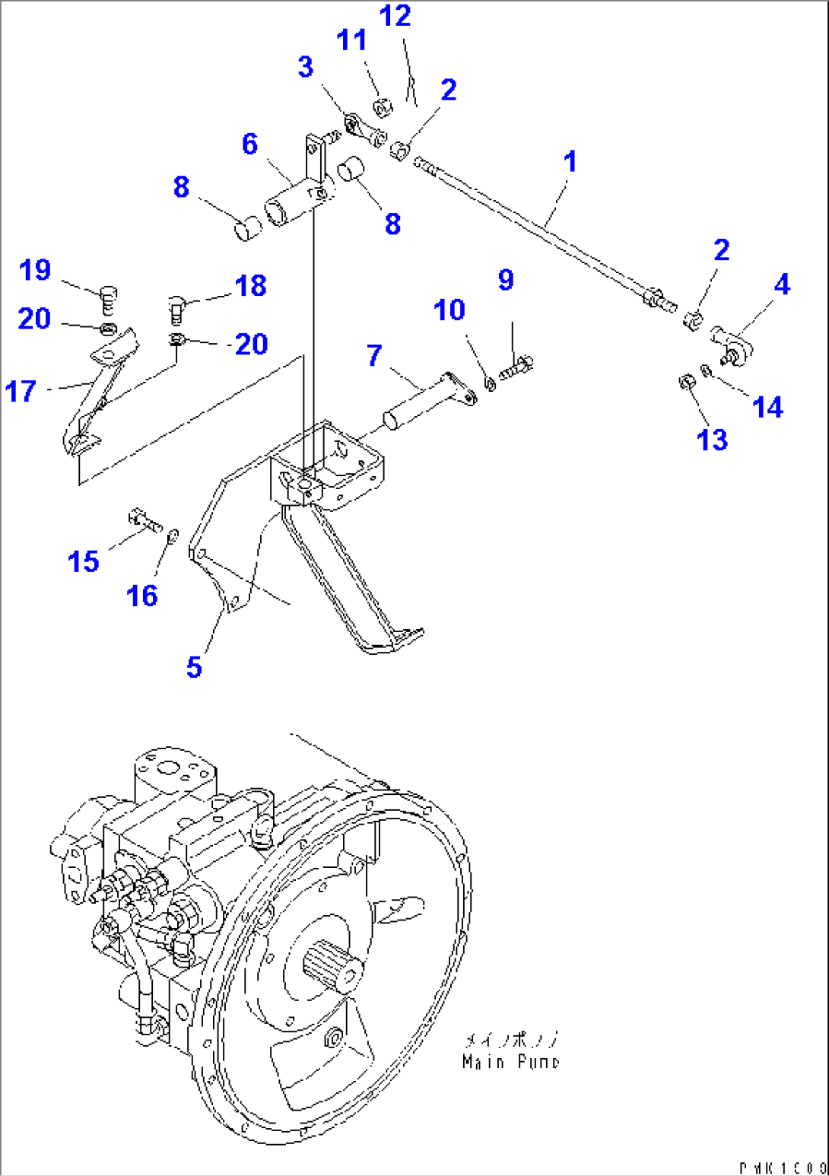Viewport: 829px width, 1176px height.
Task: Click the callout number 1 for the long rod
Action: coord(570,161)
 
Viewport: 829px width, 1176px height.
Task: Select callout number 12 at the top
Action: coord(395,16)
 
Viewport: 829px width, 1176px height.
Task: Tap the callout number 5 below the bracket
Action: coord(194,667)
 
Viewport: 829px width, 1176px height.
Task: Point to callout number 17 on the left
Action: coord(21,391)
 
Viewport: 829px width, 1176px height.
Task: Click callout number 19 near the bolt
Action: coord(35,270)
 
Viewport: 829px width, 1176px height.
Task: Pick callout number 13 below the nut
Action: coord(712,439)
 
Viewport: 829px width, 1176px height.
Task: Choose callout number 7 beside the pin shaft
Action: coord(374,355)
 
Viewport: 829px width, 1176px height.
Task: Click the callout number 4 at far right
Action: coord(782,284)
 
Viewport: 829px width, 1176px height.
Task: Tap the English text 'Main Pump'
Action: coord(510,1062)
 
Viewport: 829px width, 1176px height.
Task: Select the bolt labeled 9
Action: coord(518,366)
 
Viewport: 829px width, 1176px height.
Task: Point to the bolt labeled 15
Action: coord(145,520)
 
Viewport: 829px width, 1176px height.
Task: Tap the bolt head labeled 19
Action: coord(109,291)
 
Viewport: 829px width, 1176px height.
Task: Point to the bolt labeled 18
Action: coord(174,307)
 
